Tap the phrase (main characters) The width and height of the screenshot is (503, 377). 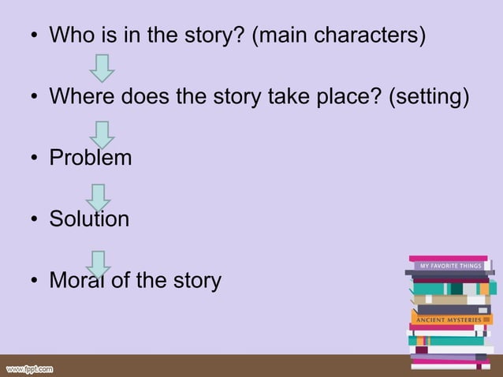pos(338,36)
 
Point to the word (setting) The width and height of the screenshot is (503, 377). pos(430,97)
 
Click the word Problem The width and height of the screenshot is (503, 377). pos(91,158)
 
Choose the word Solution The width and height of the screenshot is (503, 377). pos(89,218)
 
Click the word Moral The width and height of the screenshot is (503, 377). pos(76,280)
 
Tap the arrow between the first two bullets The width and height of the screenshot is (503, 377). pos(102,68)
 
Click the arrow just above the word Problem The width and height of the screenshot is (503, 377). pos(102,133)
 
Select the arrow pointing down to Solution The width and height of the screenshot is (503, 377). pos(98,196)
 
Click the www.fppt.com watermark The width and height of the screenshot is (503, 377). pos(30,368)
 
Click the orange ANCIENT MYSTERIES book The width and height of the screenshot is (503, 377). pos(452,319)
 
